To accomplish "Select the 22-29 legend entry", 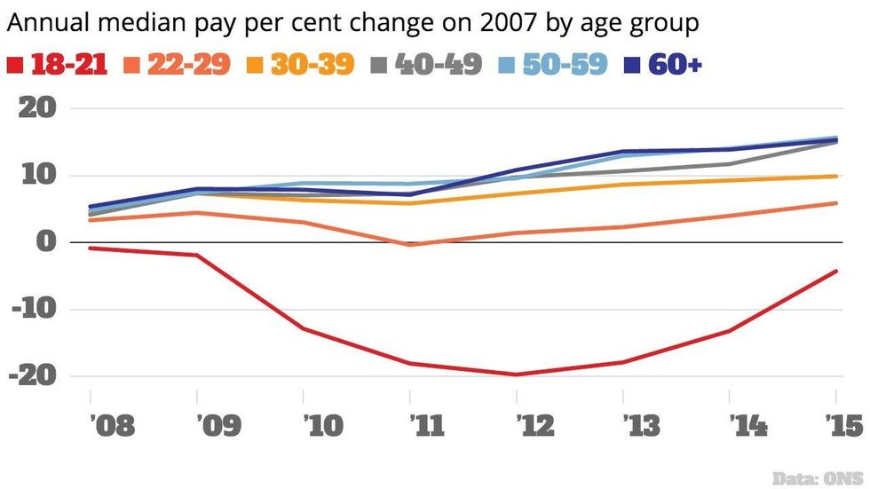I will tap(189, 64).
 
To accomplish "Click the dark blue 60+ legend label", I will tap(676, 64).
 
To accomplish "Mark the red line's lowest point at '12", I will tap(517, 375).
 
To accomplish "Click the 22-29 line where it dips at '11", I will tap(410, 244).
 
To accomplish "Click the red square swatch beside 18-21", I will tap(14, 65).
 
